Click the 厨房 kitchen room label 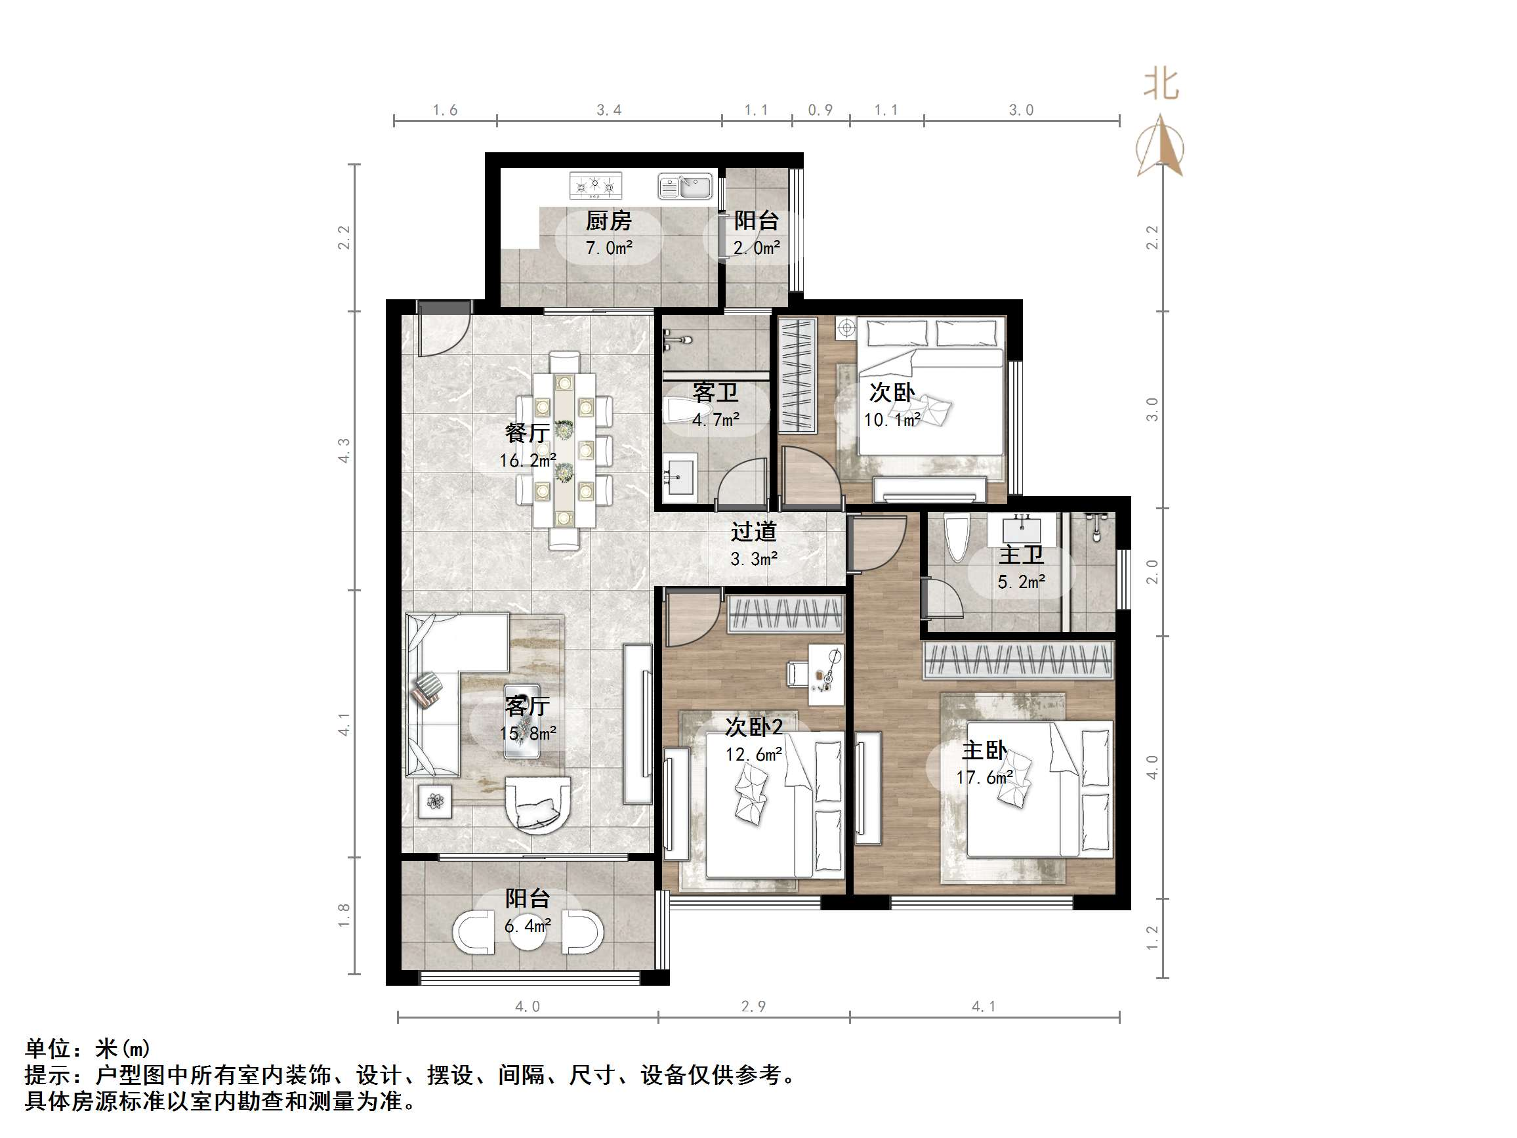click(608, 221)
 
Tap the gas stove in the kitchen click(595, 185)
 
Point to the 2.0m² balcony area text click(756, 248)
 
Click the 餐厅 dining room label click(527, 433)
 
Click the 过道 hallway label click(753, 532)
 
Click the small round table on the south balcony click(528, 930)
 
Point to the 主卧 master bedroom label click(984, 750)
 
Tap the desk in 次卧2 click(825, 674)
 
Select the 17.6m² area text click(985, 777)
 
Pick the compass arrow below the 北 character click(1160, 146)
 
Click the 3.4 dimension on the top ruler click(608, 110)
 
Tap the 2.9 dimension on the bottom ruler click(753, 1006)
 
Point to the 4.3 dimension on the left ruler click(344, 450)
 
